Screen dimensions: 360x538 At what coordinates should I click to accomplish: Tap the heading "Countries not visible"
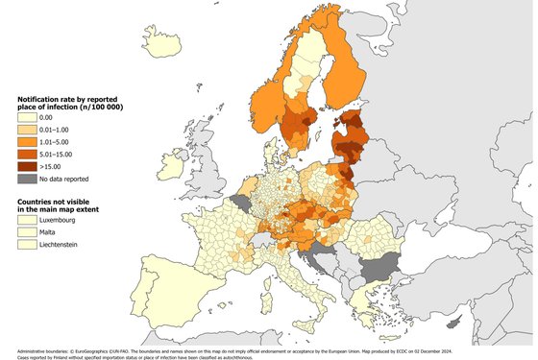click(x=60, y=196)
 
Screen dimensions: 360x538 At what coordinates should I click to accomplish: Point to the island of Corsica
click(x=272, y=249)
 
